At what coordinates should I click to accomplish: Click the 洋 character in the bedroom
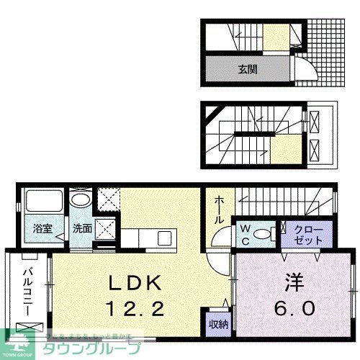point(292,282)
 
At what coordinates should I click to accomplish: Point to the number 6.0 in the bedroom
point(292,308)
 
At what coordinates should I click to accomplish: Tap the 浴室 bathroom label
point(42,230)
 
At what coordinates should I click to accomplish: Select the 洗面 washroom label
point(81,230)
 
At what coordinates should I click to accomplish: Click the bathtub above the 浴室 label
point(42,202)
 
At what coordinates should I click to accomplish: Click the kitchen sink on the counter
point(163,238)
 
